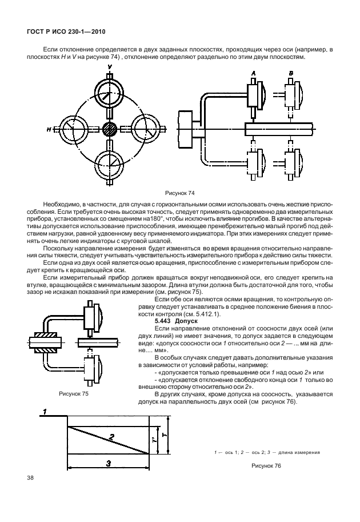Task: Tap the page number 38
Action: [29, 476]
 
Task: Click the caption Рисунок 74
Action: [179, 194]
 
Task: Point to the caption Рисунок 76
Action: [266, 465]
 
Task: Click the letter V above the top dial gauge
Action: [110, 67]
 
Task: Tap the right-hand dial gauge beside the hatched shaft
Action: [146, 129]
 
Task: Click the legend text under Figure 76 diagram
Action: [266, 452]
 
